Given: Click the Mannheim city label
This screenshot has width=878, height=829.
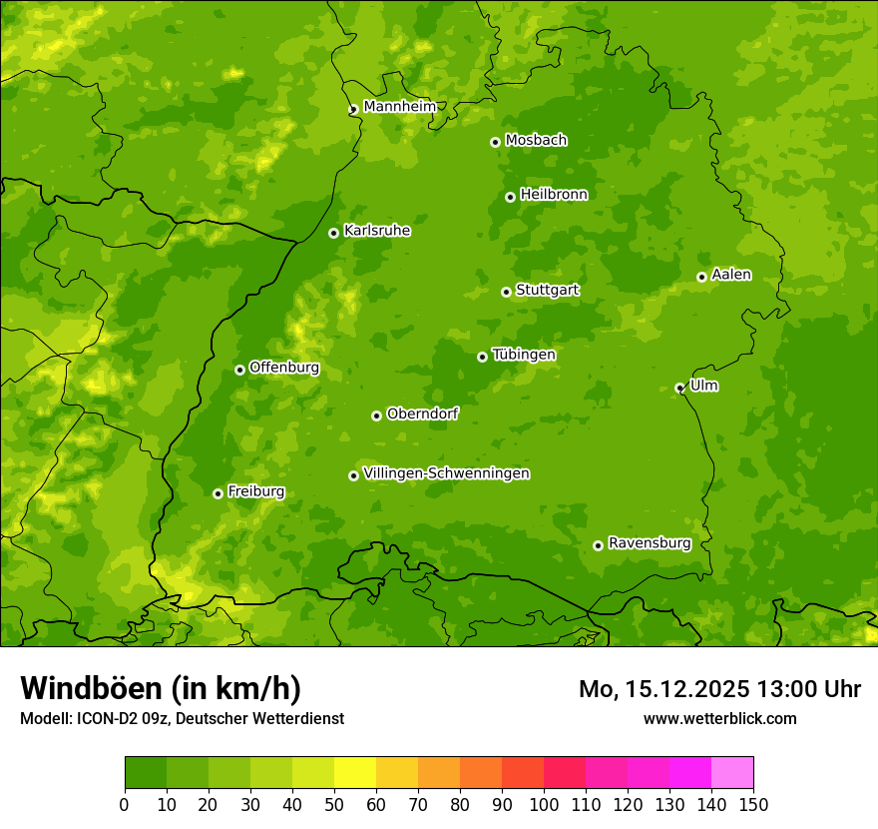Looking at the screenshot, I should tap(399, 107).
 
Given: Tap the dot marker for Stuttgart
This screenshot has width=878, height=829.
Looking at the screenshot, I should tap(506, 292).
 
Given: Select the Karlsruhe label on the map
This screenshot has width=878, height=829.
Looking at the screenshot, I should tap(377, 231).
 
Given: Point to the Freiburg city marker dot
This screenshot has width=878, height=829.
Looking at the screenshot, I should tap(218, 493).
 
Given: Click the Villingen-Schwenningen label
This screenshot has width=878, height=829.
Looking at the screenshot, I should tap(446, 473).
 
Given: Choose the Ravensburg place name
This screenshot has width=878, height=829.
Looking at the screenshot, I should tap(650, 543).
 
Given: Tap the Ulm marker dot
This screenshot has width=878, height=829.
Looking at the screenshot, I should tap(679, 388).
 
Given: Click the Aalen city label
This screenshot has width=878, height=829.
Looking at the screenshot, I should tap(731, 275).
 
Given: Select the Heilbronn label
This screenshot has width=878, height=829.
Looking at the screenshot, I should tap(554, 195).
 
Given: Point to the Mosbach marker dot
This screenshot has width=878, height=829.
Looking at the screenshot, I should tap(495, 142).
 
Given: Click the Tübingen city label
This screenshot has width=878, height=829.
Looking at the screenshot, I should tap(524, 355).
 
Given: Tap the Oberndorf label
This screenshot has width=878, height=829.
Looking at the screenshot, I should tap(422, 414).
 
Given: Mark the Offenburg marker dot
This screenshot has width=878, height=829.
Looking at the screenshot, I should tap(239, 370).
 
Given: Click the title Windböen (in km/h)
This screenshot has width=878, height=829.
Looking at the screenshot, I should tap(161, 688).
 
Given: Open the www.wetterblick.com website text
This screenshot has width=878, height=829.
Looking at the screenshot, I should tap(719, 718).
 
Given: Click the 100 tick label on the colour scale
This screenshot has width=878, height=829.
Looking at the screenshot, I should tap(544, 804).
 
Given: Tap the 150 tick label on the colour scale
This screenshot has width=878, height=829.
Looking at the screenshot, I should tap(753, 804).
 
